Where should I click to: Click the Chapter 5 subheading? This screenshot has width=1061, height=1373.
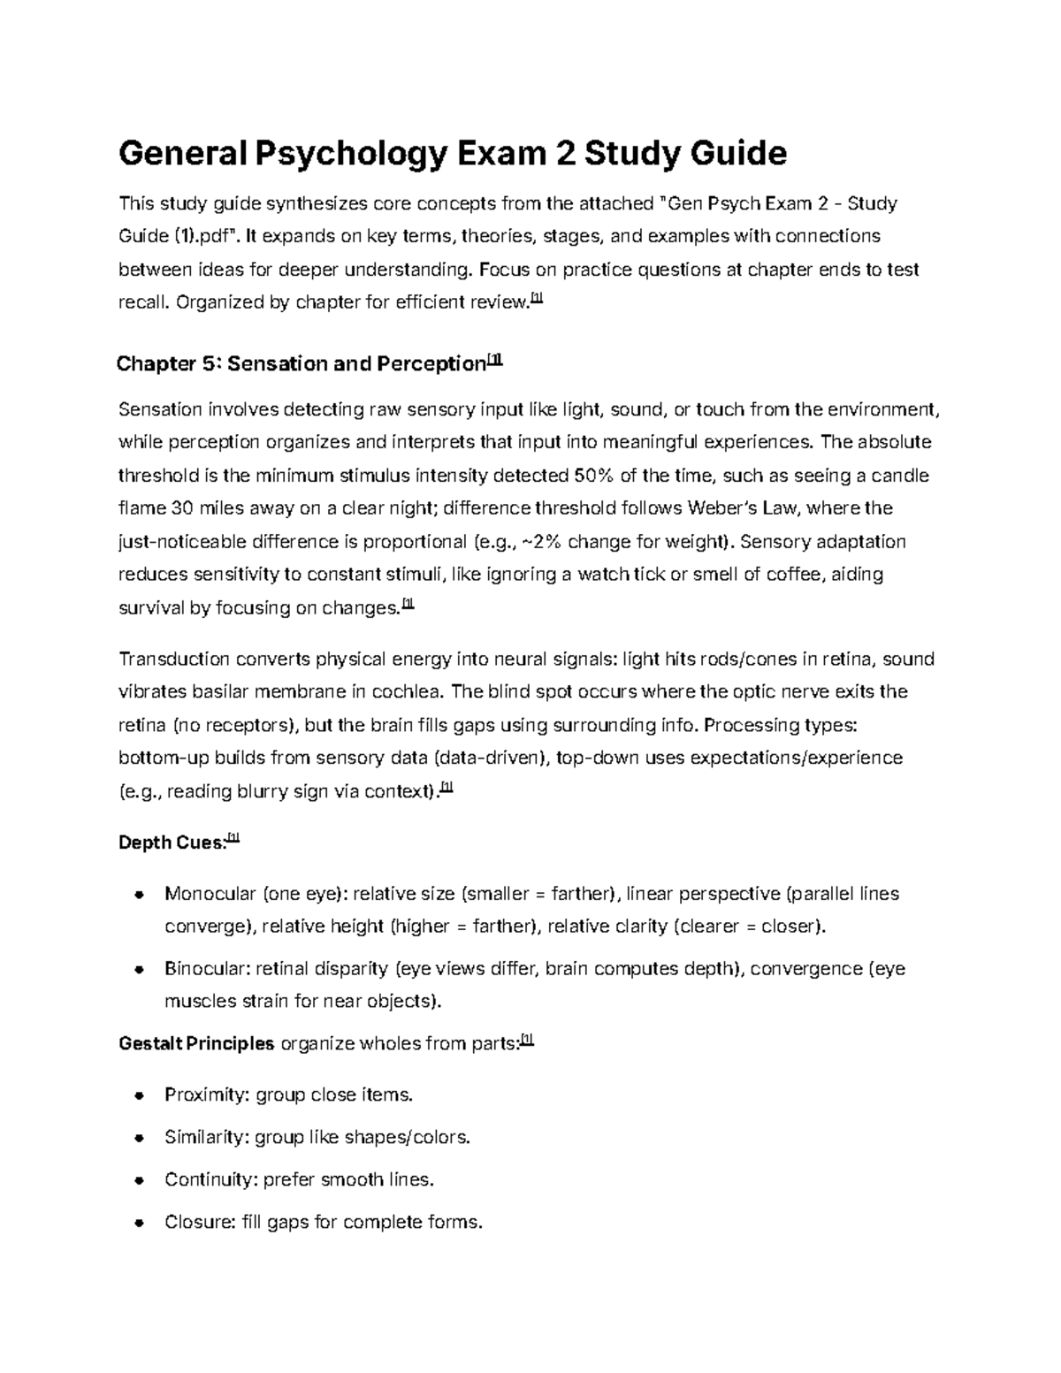click(301, 363)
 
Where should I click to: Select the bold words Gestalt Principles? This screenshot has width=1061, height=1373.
click(196, 1043)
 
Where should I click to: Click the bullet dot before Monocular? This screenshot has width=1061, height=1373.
click(139, 894)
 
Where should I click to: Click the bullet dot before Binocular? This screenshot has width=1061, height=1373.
click(139, 969)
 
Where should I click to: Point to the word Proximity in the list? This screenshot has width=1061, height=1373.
click(207, 1095)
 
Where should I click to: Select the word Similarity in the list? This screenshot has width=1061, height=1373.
click(206, 1137)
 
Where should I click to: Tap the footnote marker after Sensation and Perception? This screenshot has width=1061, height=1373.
click(495, 361)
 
